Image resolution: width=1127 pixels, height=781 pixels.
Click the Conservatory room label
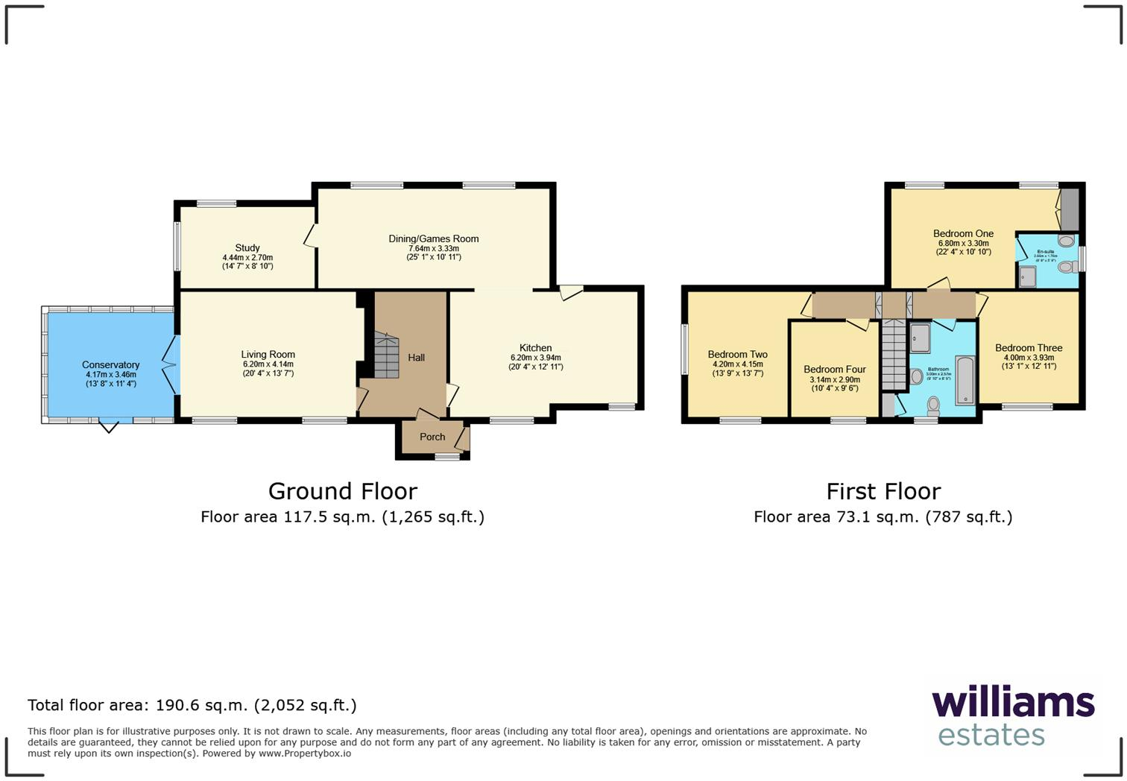pos(110,365)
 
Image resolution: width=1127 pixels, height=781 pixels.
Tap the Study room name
pos(247,247)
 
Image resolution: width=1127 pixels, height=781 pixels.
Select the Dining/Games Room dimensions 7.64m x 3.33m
pos(433,248)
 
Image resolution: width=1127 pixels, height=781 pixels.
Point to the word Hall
pos(416,358)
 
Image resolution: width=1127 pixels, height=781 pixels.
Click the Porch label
pos(432,437)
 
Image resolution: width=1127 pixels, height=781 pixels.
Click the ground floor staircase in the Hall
pos(386,356)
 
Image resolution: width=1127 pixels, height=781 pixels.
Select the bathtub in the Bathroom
pos(965,381)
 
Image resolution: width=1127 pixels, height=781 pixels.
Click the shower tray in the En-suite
pos(1029,277)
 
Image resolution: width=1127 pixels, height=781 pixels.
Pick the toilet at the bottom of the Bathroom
pos(933,405)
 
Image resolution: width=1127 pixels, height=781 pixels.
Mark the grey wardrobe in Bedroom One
pos(1070,209)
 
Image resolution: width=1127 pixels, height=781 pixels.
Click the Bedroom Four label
pos(835,370)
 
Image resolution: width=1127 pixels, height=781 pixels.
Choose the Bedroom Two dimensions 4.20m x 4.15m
pos(737,364)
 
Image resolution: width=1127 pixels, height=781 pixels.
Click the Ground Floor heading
pos(342,491)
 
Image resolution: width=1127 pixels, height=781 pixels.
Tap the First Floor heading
pos(883,491)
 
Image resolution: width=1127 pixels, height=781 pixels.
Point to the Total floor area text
pos(192,705)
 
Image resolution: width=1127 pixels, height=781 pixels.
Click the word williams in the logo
pos(1013,703)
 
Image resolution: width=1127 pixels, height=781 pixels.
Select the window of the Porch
pos(447,458)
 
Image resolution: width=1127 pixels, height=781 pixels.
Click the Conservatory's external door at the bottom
pos(109,426)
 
